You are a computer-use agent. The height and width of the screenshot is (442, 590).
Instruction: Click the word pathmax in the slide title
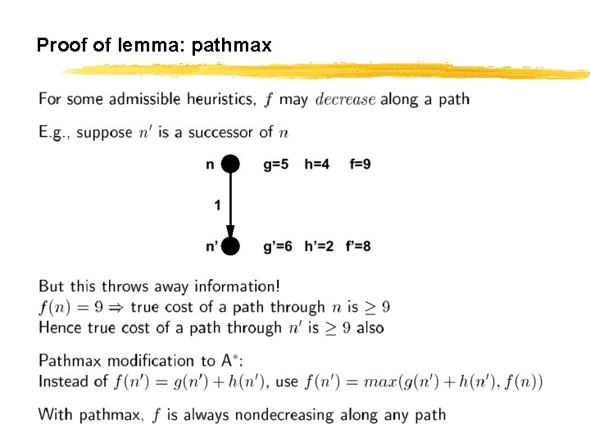click(x=231, y=46)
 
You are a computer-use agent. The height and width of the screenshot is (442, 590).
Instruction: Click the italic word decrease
click(x=345, y=100)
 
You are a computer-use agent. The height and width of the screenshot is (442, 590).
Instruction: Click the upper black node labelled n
click(x=230, y=165)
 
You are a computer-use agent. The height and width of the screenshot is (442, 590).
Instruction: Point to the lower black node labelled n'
click(x=230, y=246)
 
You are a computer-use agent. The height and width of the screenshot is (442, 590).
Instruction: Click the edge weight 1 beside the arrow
click(x=217, y=205)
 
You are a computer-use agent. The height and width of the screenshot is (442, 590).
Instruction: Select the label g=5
click(x=275, y=165)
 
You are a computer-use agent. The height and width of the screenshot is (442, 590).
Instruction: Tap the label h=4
click(x=316, y=165)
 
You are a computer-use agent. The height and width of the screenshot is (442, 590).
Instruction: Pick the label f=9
click(x=359, y=165)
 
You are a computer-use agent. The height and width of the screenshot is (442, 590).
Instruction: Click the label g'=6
click(x=277, y=246)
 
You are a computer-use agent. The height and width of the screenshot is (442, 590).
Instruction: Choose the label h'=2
click(x=319, y=246)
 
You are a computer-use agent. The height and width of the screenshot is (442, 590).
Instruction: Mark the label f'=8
click(x=358, y=246)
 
